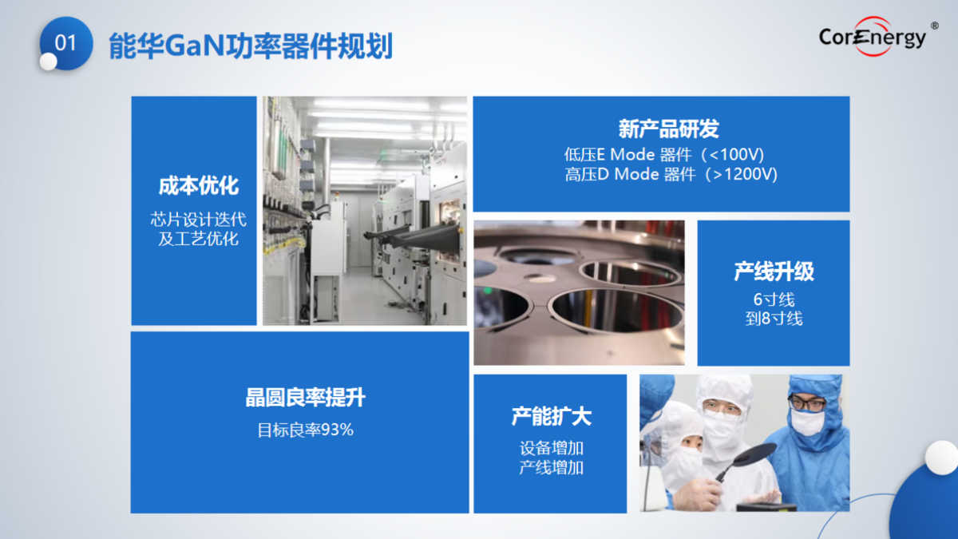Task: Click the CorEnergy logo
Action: pyautogui.click(x=873, y=37)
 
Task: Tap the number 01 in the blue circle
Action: pyautogui.click(x=65, y=43)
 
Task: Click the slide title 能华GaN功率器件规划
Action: pyautogui.click(x=251, y=46)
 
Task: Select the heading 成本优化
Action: pyautogui.click(x=199, y=186)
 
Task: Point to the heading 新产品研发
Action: pyautogui.click(x=669, y=129)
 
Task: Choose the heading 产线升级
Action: pyautogui.click(x=774, y=271)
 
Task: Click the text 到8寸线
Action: pyautogui.click(x=774, y=319)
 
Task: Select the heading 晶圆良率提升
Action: pyautogui.click(x=305, y=398)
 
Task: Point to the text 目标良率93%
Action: pyautogui.click(x=305, y=430)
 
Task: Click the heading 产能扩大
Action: pyautogui.click(x=552, y=417)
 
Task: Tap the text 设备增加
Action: pyautogui.click(x=552, y=448)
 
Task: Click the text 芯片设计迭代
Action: pyautogui.click(x=199, y=220)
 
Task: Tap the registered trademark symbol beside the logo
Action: pyautogui.click(x=935, y=26)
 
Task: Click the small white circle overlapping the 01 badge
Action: pyautogui.click(x=49, y=61)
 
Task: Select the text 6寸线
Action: pyautogui.click(x=774, y=300)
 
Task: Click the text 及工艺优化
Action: pyautogui.click(x=199, y=239)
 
